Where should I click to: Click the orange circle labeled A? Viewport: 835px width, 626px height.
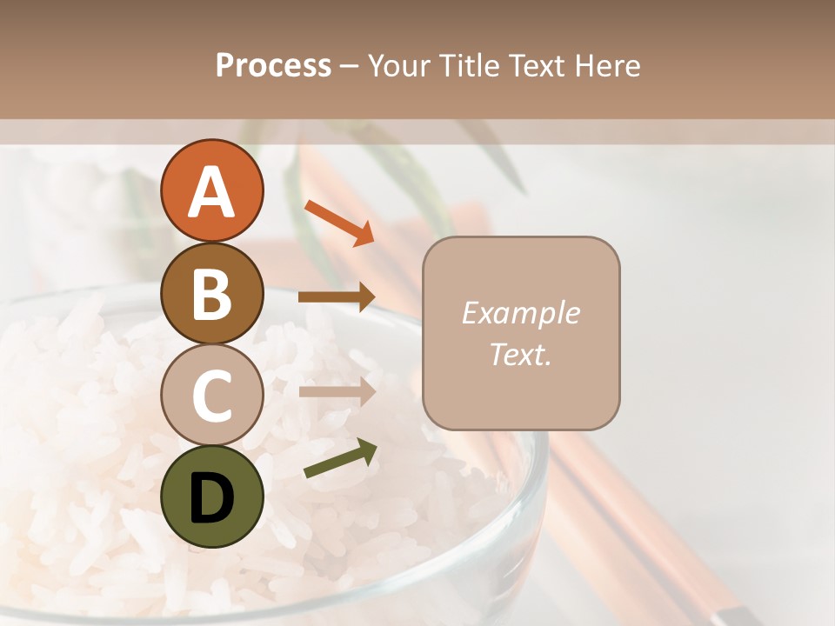(x=211, y=190)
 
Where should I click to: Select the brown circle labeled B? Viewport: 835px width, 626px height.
(x=211, y=293)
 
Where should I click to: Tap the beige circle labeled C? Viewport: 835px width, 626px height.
(x=211, y=395)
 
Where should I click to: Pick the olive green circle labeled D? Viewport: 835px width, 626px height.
(x=211, y=496)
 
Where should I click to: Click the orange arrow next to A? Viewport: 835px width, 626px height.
(x=339, y=223)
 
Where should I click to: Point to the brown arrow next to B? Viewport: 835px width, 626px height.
(x=337, y=296)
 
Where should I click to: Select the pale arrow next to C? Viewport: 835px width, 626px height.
(x=337, y=391)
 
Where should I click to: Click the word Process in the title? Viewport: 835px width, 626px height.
(x=273, y=66)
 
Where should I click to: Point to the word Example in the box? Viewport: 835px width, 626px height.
(x=520, y=313)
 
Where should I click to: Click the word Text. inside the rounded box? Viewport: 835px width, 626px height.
(x=520, y=354)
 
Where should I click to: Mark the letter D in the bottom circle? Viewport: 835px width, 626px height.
(x=211, y=497)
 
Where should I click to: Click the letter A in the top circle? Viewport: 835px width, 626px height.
(x=211, y=191)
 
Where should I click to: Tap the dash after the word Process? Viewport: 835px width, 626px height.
(x=349, y=67)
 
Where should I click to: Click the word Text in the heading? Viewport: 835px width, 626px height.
(x=533, y=66)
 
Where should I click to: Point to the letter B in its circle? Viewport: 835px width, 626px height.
(x=211, y=294)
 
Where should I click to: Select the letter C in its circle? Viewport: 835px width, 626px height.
(x=211, y=396)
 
